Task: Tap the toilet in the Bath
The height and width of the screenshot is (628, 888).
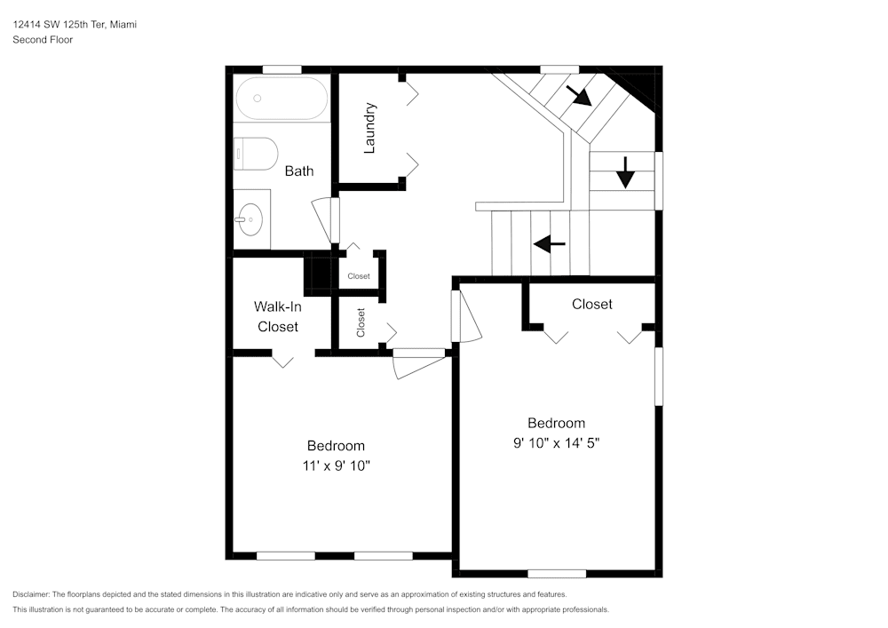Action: click(256, 154)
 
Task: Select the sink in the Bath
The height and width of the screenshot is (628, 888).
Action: click(250, 216)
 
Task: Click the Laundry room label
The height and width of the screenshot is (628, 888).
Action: click(370, 128)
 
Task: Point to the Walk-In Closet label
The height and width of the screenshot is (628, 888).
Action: click(278, 316)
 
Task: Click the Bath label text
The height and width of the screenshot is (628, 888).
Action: click(298, 171)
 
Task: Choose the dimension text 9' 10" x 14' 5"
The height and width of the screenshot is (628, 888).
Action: click(556, 443)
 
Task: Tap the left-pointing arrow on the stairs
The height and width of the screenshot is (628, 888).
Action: click(550, 242)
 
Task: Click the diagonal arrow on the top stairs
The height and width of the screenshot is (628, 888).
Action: click(579, 96)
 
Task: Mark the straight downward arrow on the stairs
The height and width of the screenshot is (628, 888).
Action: click(625, 171)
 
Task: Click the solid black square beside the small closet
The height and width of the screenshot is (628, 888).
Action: click(317, 274)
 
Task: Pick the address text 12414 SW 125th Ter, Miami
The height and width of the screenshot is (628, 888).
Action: click(75, 25)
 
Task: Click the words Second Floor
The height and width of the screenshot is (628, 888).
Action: click(43, 40)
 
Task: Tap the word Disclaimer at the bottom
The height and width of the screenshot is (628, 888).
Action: click(31, 594)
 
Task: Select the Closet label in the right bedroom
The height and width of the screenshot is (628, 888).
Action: click(591, 304)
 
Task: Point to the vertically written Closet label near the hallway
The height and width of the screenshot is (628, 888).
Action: click(361, 322)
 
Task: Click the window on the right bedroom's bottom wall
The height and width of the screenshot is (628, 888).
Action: click(557, 573)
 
